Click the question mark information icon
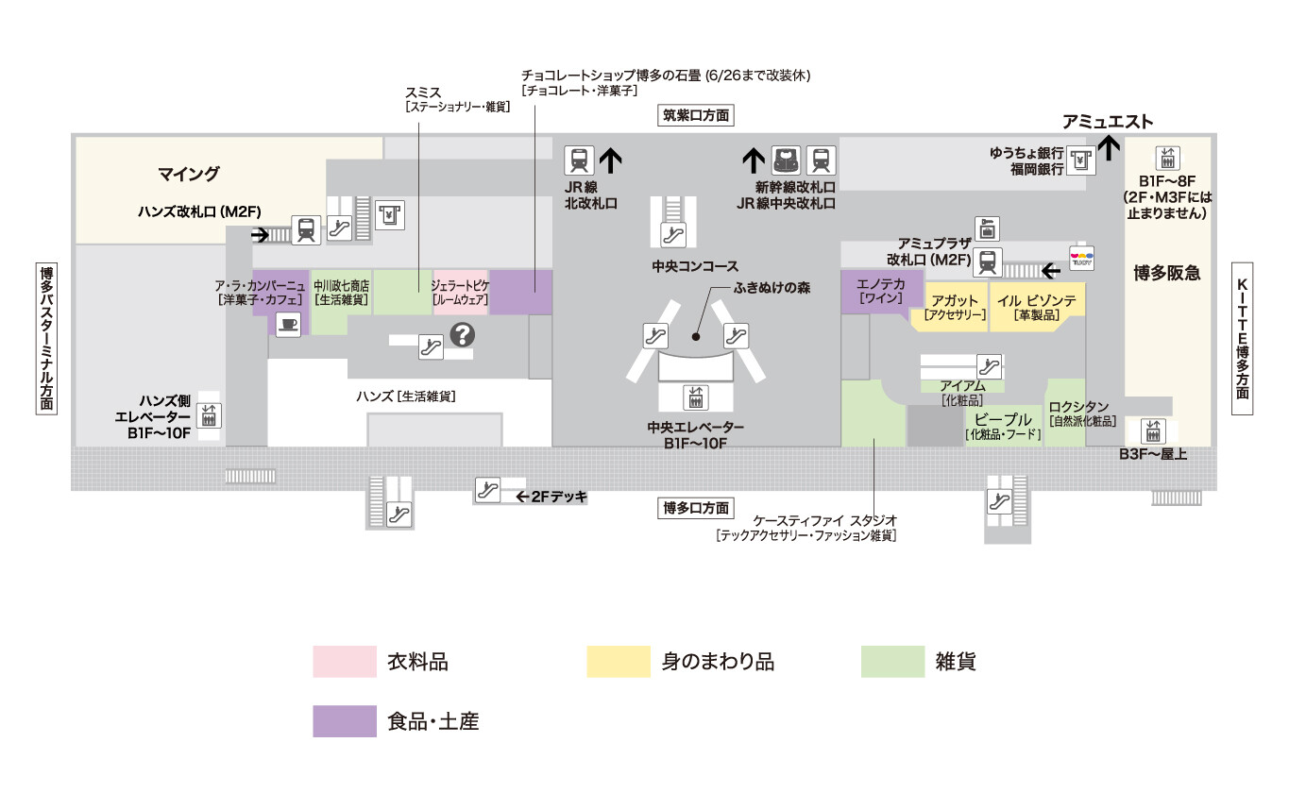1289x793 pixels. [463, 334]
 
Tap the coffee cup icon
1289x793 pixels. [288, 324]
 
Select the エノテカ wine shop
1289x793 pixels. [881, 290]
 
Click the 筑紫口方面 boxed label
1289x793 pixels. [697, 116]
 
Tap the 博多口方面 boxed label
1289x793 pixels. [696, 508]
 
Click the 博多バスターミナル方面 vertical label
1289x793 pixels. [46, 337]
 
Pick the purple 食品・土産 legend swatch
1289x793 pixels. [345, 721]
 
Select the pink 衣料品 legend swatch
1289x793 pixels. [345, 662]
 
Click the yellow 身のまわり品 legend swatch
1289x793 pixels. [619, 662]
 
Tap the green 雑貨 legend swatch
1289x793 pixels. [892, 662]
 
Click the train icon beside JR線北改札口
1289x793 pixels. [580, 160]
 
